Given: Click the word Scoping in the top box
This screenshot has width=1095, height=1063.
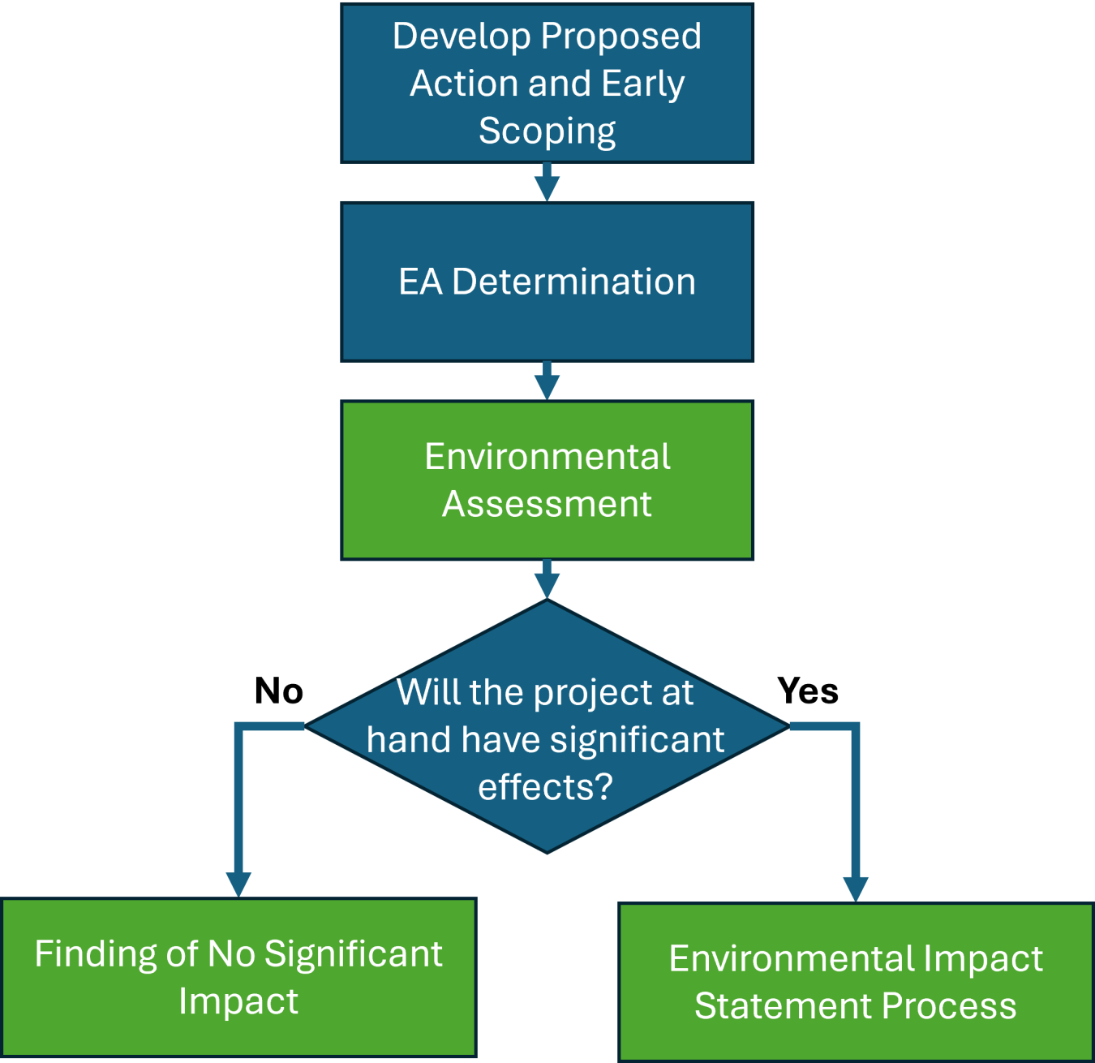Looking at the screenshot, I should (547, 131).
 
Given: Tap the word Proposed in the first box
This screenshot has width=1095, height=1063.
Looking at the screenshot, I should (621, 37).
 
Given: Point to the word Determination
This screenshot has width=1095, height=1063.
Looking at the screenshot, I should (573, 282).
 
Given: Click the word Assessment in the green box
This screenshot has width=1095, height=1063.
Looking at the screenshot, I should (547, 504).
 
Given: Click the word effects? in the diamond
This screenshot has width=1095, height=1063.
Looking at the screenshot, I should (545, 787).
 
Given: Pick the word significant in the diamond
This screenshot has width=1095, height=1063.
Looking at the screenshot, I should (637, 740).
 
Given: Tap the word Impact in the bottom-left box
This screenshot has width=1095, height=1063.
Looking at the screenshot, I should (238, 1001).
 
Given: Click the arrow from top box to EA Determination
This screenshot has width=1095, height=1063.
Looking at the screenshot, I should (547, 183).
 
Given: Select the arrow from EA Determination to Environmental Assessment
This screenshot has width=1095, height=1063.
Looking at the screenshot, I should (547, 382).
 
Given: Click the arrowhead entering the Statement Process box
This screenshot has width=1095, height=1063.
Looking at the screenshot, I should (855, 888).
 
